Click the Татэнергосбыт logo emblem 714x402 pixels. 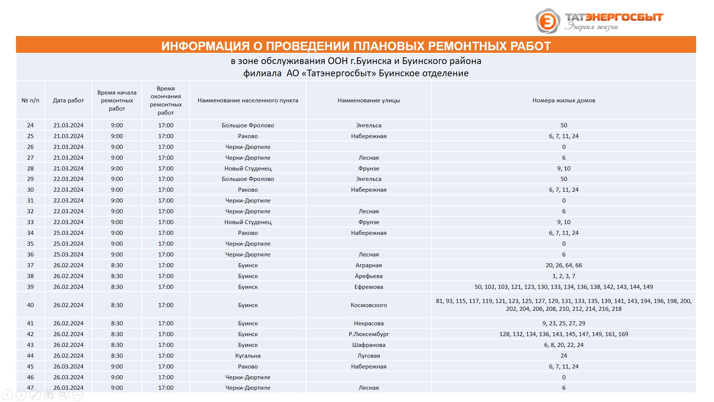[x=547, y=21]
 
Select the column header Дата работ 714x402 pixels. [x=68, y=100]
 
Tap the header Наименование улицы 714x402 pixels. [x=369, y=100]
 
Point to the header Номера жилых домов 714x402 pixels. [x=563, y=100]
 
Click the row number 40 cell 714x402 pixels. [x=30, y=305]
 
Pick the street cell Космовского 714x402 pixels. [x=369, y=305]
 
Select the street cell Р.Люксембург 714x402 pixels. [x=369, y=334]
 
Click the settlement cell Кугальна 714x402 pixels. [x=248, y=356]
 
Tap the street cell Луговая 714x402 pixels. [x=369, y=356]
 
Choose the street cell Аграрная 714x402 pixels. [x=369, y=265]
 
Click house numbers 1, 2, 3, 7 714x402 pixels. [x=563, y=276]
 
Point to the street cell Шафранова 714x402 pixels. [x=369, y=345]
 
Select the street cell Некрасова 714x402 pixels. [x=369, y=323]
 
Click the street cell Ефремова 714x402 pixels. [x=369, y=287]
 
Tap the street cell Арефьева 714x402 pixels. [x=369, y=276]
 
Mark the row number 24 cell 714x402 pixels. [x=30, y=125]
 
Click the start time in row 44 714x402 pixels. [x=117, y=356]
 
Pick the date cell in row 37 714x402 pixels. [x=68, y=265]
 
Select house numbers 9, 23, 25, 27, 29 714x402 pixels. [x=563, y=323]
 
